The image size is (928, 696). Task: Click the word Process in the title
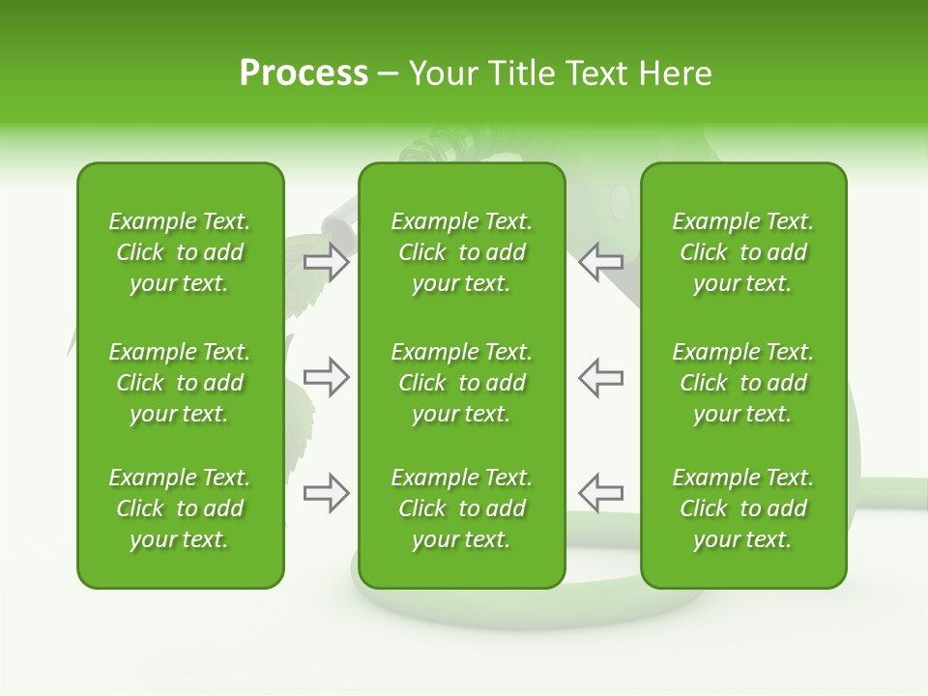304,73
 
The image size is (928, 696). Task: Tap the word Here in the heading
676,73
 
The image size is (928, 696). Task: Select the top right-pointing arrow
327,262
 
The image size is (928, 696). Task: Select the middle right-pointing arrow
327,377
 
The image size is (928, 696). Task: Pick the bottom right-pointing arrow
327,493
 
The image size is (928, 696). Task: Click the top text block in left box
180,252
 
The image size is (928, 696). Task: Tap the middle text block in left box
180,383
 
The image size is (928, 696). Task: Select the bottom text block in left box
180,508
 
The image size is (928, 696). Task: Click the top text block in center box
461,252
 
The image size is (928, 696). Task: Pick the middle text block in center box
461,383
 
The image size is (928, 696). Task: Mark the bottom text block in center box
461,508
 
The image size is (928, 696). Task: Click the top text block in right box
742,252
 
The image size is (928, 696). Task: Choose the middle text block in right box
742,383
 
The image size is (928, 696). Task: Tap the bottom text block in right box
742,508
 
